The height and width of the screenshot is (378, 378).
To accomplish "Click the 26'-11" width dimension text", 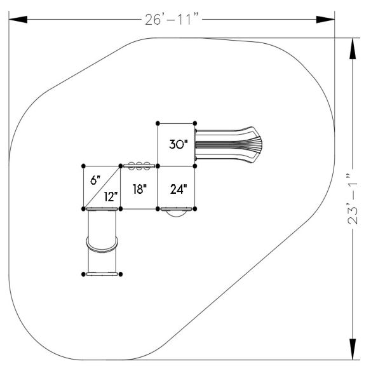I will [172, 19].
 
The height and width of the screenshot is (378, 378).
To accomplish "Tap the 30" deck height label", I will [177, 144].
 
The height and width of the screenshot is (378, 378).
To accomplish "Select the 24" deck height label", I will [177, 189].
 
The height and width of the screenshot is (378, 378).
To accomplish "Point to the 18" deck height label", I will [139, 189].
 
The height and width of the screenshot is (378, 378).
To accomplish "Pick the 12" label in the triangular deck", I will [111, 196].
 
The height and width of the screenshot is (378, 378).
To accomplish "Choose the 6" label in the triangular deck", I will [95, 180].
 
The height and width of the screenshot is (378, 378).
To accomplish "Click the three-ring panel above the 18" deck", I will [139, 166].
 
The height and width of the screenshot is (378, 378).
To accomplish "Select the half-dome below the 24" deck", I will [177, 213].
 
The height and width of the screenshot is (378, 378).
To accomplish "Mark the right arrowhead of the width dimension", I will [326, 20].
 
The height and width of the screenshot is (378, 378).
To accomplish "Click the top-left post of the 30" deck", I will [157, 123].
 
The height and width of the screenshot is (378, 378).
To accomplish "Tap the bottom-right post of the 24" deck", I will [196, 208].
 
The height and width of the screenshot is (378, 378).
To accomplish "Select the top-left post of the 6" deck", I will [84, 166].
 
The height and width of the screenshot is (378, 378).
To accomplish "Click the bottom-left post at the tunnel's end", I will [84, 274].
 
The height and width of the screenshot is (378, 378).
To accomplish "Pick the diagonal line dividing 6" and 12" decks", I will [102, 187].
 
